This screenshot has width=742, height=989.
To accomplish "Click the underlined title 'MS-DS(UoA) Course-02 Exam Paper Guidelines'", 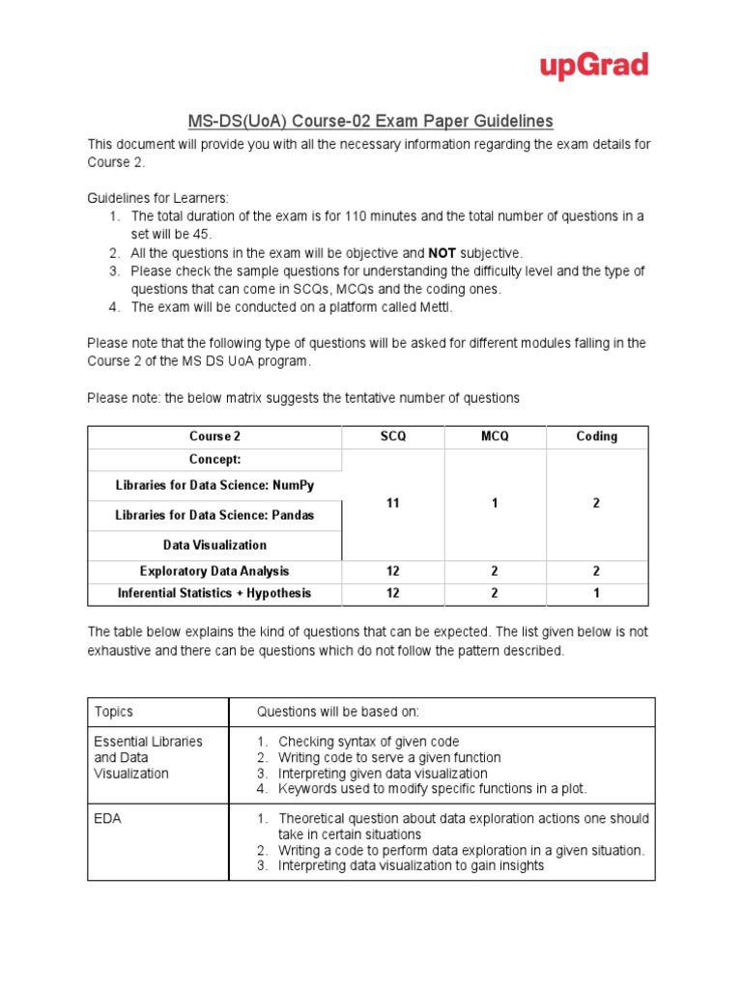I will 370,121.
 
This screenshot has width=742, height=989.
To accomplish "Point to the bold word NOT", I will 442,253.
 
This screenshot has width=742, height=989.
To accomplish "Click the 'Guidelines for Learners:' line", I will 158,197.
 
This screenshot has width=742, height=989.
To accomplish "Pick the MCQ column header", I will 495,437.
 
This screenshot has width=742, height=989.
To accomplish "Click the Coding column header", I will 596,437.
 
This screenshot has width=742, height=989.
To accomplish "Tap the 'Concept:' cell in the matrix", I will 215,460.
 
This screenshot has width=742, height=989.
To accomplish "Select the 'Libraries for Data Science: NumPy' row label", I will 214,485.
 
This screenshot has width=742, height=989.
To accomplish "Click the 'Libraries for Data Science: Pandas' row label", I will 214,516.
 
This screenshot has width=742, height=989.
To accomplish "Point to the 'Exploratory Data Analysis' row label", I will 214,572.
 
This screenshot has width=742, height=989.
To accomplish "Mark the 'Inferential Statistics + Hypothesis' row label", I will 214,593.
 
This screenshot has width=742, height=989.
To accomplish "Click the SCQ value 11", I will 392,504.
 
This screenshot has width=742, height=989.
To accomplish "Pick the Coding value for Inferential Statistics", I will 596,593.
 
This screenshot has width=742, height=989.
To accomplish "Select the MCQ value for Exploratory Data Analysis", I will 495,572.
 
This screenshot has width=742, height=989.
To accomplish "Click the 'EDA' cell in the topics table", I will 108,818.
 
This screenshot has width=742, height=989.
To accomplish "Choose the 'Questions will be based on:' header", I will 337,712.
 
